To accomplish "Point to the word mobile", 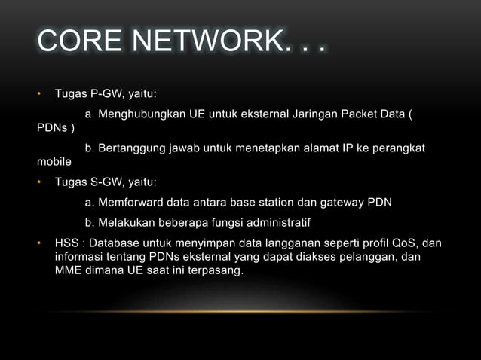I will click(54, 161).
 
